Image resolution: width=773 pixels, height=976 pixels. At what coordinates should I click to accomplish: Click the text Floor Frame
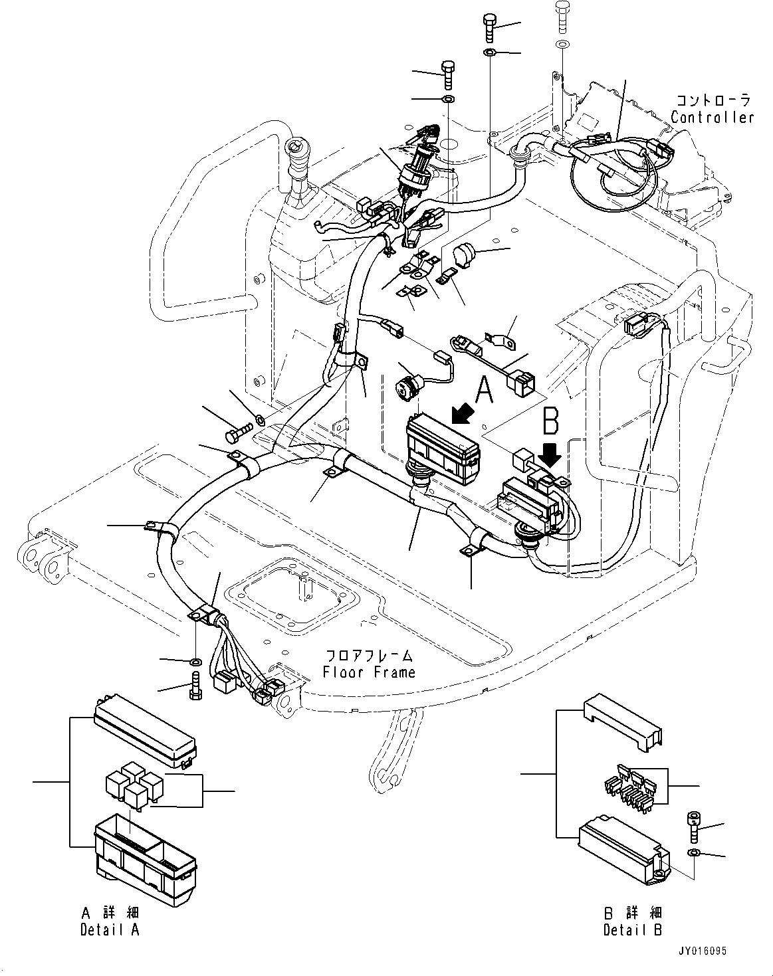coord(369,672)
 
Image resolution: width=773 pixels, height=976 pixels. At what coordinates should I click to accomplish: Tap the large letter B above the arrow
coord(551,421)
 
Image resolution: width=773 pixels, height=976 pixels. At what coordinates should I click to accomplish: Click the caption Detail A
coord(110,929)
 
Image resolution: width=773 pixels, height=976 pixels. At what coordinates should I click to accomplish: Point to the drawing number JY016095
coord(704,951)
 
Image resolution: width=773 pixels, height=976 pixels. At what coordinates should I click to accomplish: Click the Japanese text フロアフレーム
coord(369,655)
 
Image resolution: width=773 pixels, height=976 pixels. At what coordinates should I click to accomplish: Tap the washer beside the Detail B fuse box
coord(693,852)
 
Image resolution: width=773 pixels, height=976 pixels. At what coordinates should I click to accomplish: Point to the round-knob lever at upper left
coord(294,151)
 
